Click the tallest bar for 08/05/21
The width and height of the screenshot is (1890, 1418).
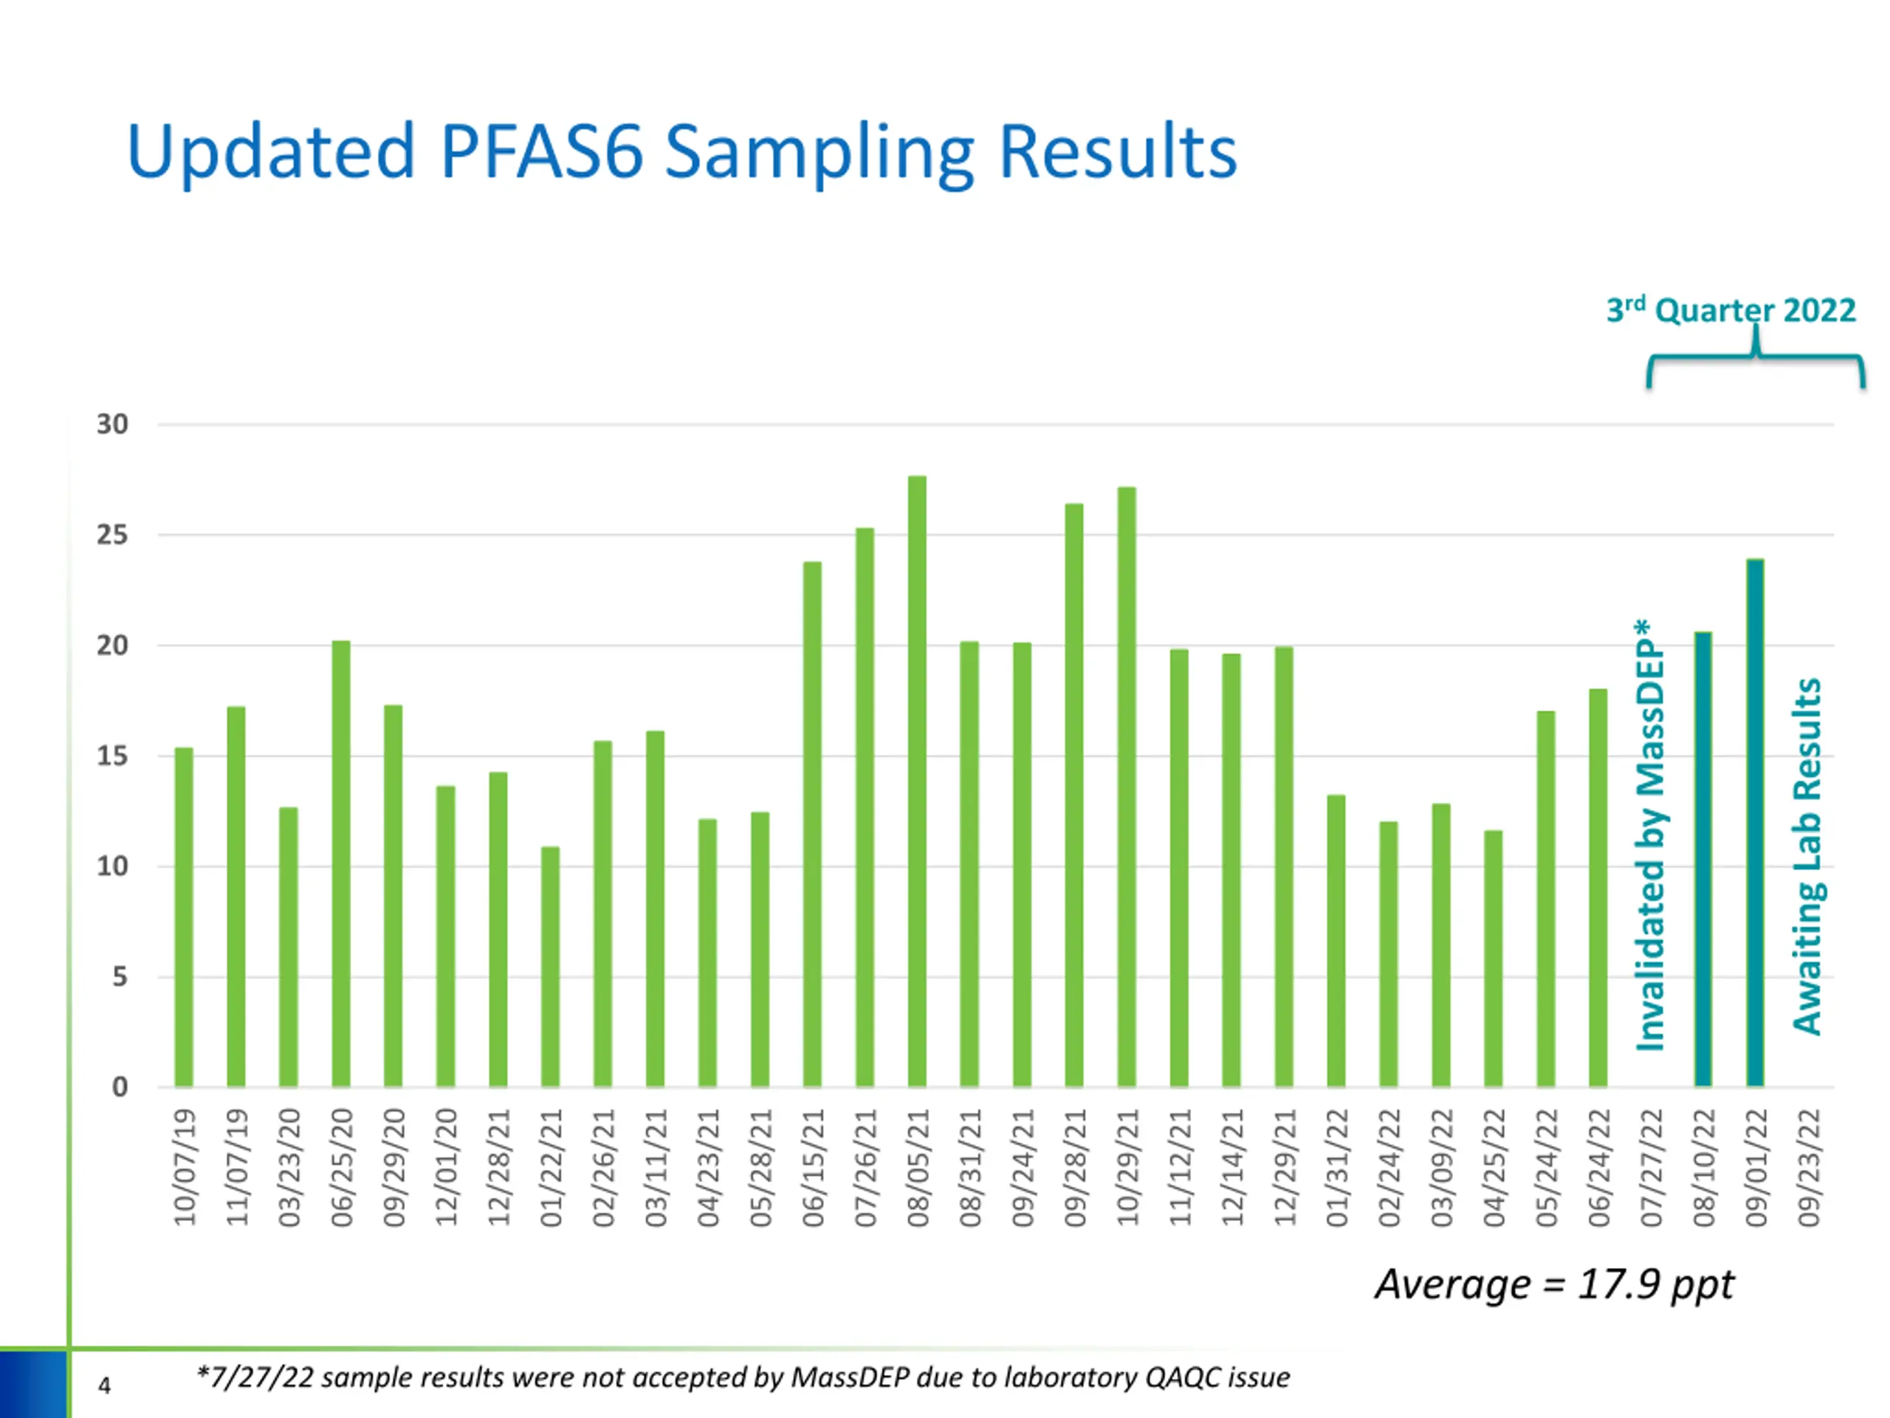[917, 781]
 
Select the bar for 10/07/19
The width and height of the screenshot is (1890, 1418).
[184, 917]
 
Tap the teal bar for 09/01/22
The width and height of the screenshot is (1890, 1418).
[1755, 822]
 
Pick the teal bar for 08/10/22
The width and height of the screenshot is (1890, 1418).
[1703, 859]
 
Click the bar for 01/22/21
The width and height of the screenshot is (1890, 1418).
[550, 967]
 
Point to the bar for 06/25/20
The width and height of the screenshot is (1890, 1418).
[341, 863]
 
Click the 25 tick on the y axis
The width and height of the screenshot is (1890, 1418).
[112, 535]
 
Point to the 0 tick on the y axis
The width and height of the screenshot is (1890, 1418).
[120, 1087]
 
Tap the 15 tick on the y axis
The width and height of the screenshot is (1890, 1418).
[112, 756]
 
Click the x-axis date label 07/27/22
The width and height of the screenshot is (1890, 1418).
[1651, 1168]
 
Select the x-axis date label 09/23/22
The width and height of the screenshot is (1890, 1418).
[1808, 1168]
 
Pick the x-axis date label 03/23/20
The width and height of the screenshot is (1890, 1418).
[289, 1168]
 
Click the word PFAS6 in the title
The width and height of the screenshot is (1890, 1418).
[541, 152]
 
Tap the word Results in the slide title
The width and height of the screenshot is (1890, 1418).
[1117, 152]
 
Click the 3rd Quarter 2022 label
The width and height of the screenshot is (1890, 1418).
[1731, 309]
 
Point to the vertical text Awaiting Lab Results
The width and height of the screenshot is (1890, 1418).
[1807, 857]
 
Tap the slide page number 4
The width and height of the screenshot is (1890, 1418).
[104, 1386]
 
